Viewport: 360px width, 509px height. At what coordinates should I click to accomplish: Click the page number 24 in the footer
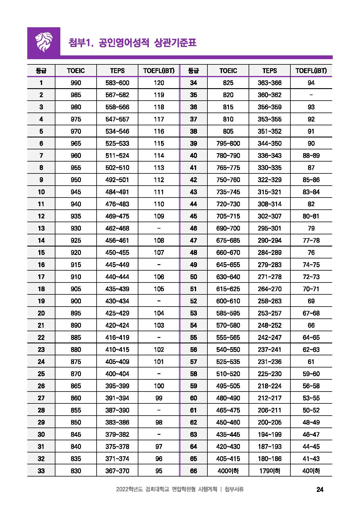(x=320, y=490)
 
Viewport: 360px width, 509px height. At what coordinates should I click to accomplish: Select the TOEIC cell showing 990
(x=76, y=83)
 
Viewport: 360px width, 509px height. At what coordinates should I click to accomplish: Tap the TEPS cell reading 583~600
(x=117, y=83)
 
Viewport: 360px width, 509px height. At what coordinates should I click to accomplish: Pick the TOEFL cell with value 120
(x=159, y=83)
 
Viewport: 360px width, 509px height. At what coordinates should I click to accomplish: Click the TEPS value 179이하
(x=269, y=471)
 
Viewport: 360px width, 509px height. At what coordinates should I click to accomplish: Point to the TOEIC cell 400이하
(x=228, y=471)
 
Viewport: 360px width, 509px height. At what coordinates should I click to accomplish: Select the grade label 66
(x=193, y=471)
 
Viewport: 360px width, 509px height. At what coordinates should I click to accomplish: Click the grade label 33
(x=41, y=471)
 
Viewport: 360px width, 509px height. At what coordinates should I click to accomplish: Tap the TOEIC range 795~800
(x=228, y=144)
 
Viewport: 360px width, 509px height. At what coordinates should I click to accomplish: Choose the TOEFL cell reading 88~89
(x=311, y=156)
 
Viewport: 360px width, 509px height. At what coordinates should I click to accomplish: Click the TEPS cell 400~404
(x=117, y=374)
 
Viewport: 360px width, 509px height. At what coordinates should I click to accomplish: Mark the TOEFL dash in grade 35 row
(x=311, y=95)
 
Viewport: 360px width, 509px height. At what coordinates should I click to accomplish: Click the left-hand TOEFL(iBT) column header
(x=159, y=71)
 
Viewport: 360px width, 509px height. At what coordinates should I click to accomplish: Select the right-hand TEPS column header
(x=269, y=71)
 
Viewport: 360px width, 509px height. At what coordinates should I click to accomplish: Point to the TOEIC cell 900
(x=76, y=301)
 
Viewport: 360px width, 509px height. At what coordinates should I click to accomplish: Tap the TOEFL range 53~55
(x=311, y=398)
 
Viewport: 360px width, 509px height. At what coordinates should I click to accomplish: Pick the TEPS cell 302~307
(x=269, y=216)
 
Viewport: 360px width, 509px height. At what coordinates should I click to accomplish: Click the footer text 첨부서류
(x=234, y=490)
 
